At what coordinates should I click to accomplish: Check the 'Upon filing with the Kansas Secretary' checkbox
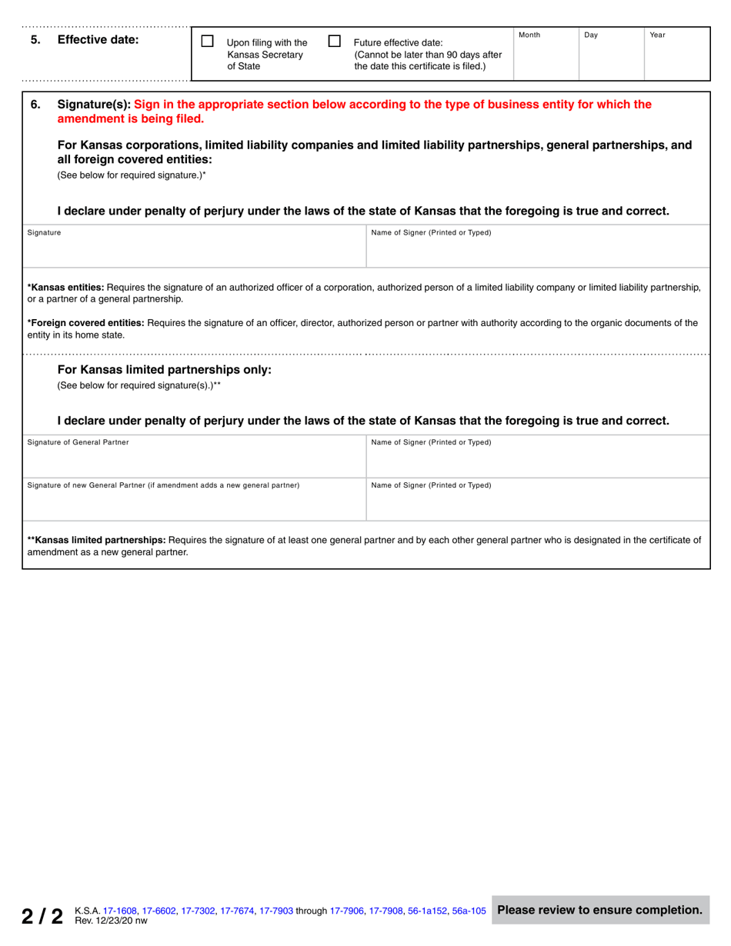click(x=207, y=41)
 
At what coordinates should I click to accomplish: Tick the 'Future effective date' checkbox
click(x=335, y=41)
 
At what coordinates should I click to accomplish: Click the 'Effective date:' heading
click(x=98, y=41)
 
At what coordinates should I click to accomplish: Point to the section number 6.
click(x=35, y=105)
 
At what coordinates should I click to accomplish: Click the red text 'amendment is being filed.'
click(x=131, y=118)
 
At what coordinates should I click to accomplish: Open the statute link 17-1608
click(x=121, y=911)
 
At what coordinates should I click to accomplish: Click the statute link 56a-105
click(x=469, y=911)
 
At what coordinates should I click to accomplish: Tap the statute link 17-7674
click(x=238, y=911)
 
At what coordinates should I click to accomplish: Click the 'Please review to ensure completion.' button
click(x=599, y=911)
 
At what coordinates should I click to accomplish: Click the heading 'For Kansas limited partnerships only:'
click(x=165, y=369)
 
